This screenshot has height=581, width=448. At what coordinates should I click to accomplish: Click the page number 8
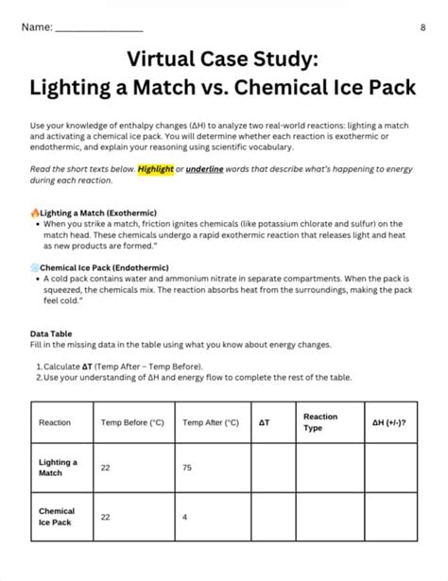point(422,26)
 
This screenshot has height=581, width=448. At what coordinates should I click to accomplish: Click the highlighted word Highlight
point(155,169)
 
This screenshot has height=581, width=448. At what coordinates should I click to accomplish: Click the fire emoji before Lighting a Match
point(34,213)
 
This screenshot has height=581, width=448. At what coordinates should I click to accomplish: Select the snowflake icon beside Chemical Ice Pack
point(34,268)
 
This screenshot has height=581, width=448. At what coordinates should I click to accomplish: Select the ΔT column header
point(264,423)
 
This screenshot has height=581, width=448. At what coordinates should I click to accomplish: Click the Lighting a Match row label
point(58,468)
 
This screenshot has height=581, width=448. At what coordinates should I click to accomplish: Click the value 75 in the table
point(188,468)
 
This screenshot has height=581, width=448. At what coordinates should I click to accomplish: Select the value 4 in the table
point(185,517)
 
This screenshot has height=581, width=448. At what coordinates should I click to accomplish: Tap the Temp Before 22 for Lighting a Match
point(106,468)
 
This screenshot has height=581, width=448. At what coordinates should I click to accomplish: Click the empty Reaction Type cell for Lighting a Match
point(329,468)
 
